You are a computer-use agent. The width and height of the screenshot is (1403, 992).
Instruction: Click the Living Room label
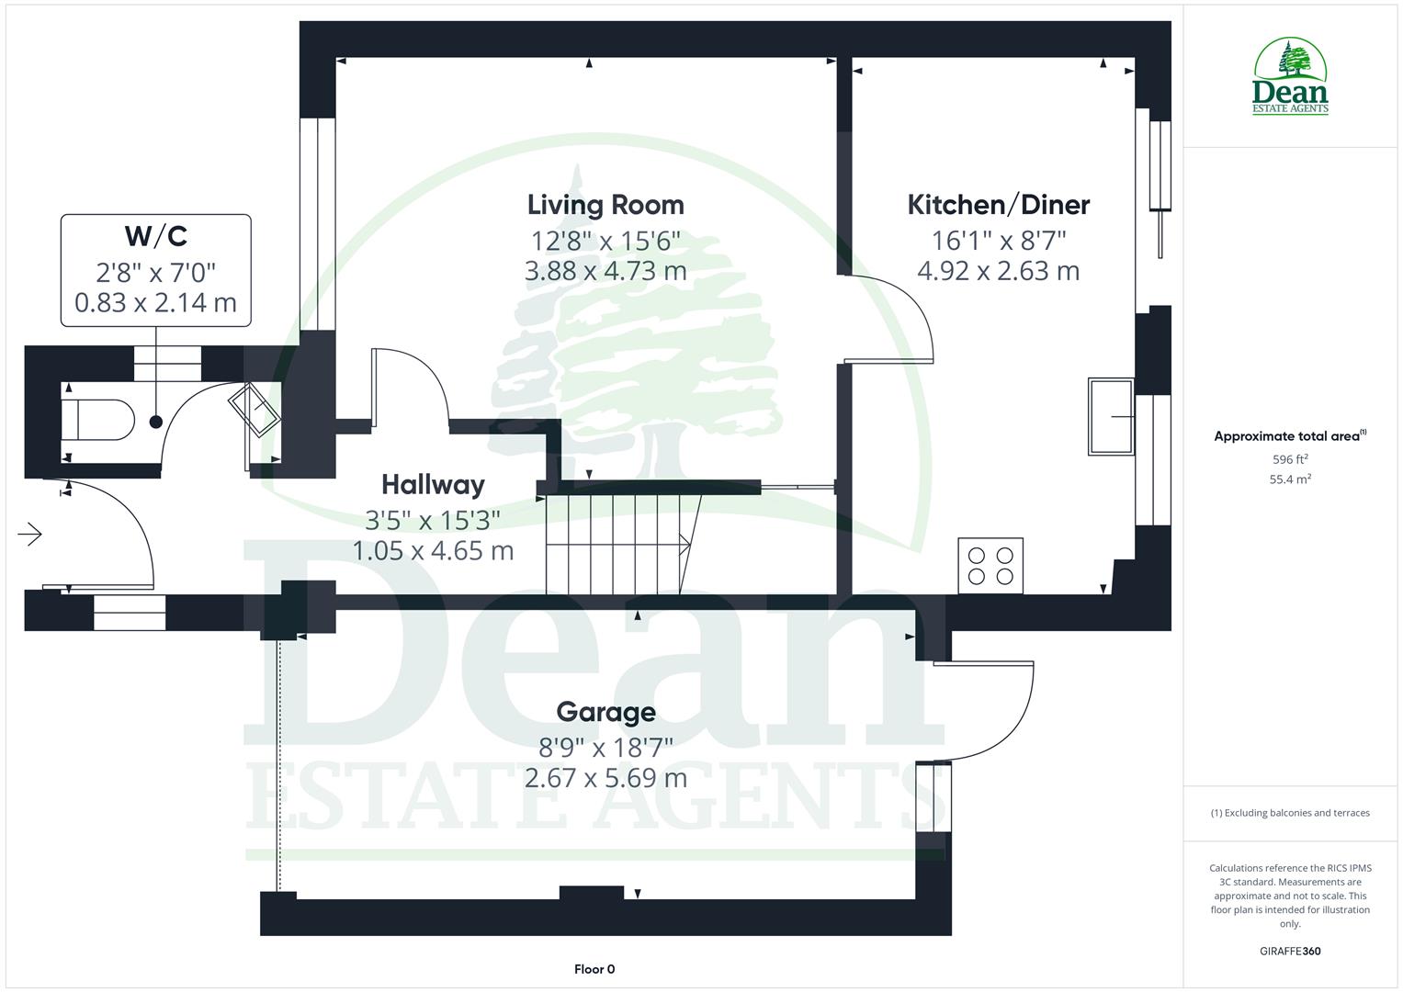(x=605, y=204)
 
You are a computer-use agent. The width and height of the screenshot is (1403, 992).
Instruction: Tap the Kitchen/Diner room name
(x=998, y=204)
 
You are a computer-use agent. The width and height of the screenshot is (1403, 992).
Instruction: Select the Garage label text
(x=605, y=712)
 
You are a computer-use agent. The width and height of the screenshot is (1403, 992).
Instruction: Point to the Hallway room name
(x=433, y=484)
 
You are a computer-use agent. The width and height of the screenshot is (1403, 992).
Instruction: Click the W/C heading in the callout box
(x=155, y=236)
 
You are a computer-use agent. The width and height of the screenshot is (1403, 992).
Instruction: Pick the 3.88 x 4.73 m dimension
(x=605, y=271)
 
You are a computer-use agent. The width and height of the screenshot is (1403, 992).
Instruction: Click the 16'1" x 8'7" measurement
(x=998, y=240)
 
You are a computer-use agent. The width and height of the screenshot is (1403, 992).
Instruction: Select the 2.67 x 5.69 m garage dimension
(x=605, y=778)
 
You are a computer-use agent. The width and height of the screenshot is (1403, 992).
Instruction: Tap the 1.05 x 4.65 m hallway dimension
(x=433, y=551)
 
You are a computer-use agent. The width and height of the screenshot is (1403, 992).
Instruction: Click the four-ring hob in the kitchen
(x=990, y=566)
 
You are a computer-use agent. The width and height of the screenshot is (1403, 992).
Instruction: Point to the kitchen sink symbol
(x=1111, y=416)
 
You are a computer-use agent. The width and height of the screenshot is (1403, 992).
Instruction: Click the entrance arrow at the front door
(x=30, y=534)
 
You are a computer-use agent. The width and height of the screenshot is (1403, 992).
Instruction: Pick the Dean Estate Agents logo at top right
(x=1290, y=77)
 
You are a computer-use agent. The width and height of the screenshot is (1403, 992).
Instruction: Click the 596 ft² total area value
(x=1290, y=458)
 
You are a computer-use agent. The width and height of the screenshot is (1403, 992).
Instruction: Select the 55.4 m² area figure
(x=1290, y=479)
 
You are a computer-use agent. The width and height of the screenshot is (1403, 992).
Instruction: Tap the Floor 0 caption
(x=594, y=969)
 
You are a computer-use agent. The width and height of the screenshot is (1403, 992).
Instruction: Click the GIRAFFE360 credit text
(x=1290, y=951)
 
